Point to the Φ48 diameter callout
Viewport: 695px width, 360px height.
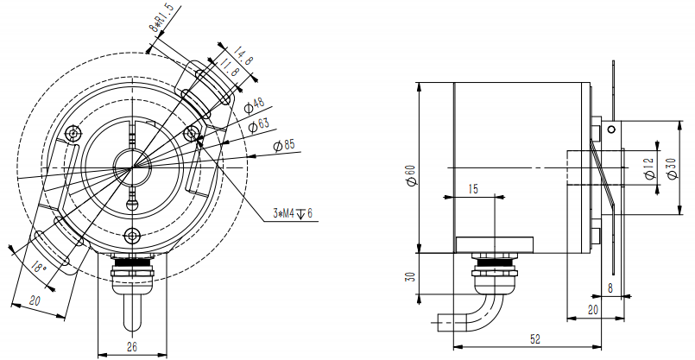click(255, 105)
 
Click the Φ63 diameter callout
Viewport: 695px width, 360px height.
click(259, 126)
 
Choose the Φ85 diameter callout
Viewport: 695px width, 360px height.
click(284, 145)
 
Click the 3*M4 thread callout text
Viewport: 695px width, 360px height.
click(292, 213)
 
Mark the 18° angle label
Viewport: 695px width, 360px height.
click(38, 268)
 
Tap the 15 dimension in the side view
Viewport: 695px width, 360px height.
click(472, 188)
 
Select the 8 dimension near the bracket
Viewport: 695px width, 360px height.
click(611, 287)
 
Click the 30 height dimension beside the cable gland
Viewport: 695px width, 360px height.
click(411, 277)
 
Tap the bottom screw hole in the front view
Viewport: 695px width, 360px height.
click(131, 236)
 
